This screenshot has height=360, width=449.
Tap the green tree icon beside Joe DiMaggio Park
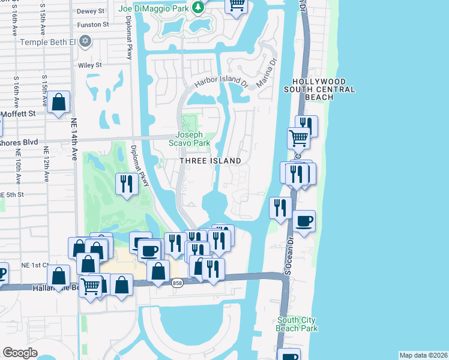[x=196, y=8]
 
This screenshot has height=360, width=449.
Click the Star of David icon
[x=85, y=41]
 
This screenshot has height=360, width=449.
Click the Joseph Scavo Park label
[x=193, y=139]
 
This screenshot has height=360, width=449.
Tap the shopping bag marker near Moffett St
[x=59, y=103]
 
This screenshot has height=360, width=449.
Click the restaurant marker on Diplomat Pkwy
[x=126, y=183]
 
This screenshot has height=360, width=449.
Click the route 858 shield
[x=176, y=283]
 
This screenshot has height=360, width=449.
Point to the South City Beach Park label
[x=297, y=325]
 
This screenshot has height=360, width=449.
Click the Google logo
[x=20, y=353]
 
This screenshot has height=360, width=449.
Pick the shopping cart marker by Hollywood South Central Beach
[x=298, y=138]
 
